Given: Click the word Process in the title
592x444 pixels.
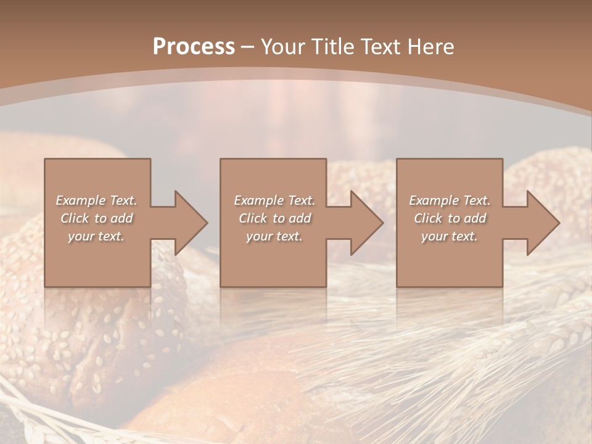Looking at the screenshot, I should click(x=194, y=47).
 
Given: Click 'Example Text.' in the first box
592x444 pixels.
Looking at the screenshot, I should click(x=96, y=200).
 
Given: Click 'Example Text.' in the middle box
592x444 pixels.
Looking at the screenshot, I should click(x=274, y=200).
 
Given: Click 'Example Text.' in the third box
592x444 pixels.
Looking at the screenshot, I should click(x=450, y=200).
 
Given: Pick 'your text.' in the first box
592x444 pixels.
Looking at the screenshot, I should click(x=96, y=236).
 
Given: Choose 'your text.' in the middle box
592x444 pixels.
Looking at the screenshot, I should click(x=274, y=236).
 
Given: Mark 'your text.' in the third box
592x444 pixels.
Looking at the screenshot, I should click(x=450, y=236).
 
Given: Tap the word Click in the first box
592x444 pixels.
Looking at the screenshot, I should click(x=75, y=218).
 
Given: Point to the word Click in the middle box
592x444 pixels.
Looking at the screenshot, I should click(x=253, y=218).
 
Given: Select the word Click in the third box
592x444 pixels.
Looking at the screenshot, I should click(x=428, y=218).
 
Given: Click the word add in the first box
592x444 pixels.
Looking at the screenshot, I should click(x=122, y=218).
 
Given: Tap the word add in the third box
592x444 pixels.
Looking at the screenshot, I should click(x=475, y=218).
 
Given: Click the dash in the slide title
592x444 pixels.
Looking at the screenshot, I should click(x=247, y=47).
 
